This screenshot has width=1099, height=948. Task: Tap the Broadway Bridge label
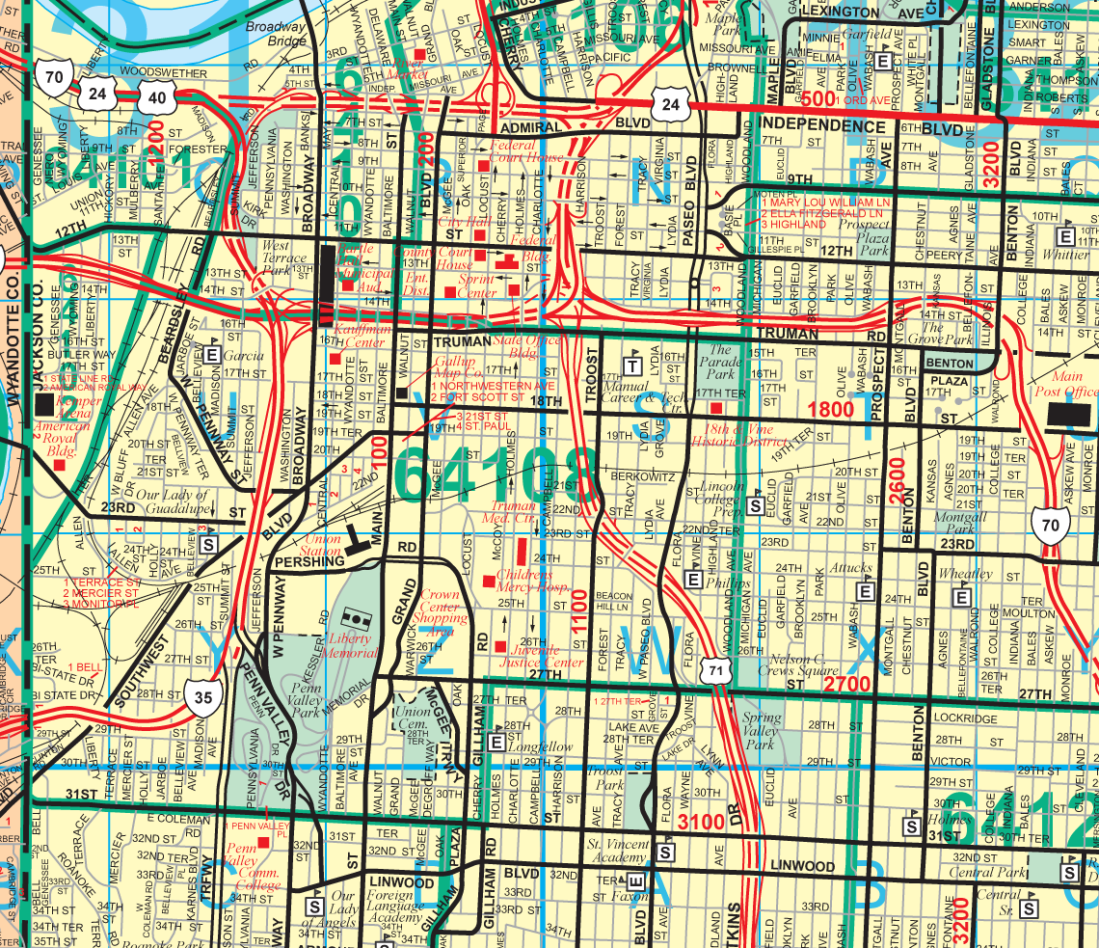[x=275, y=35]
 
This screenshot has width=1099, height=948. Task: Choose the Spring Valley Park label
[x=761, y=731]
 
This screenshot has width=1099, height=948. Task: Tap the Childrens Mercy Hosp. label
[x=530, y=582]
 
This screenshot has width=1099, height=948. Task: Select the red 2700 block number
[x=847, y=685]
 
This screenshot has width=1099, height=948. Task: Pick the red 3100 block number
[x=702, y=823]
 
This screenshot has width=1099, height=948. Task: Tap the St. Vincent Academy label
[x=619, y=852]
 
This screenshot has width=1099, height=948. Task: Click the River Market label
[x=409, y=68]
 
